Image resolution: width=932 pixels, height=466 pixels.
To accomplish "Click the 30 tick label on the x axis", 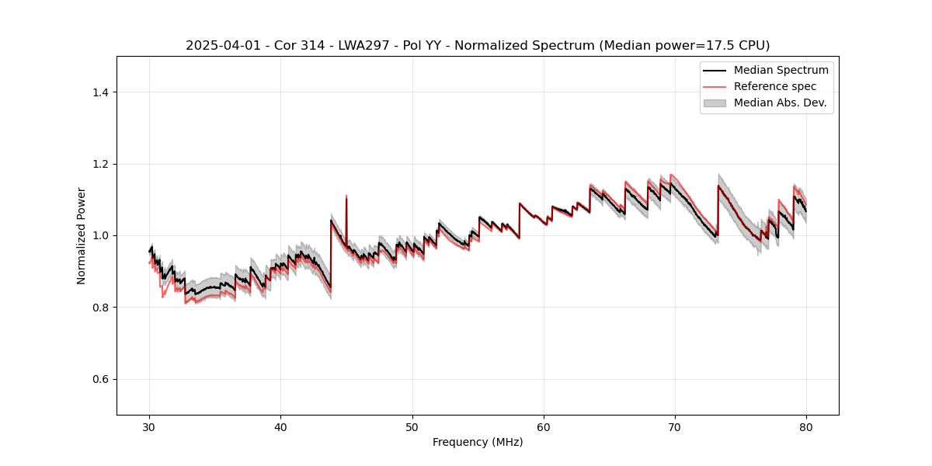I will pyautogui.click(x=150, y=426).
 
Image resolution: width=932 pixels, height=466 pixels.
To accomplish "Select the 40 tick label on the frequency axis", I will pyautogui.click(x=281, y=426).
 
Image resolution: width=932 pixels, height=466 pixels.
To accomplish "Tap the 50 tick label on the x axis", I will pyautogui.click(x=412, y=426).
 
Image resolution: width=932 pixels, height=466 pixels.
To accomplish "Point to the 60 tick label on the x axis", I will pyautogui.click(x=544, y=426).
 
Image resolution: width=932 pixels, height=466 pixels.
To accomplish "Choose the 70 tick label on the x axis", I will pyautogui.click(x=675, y=426).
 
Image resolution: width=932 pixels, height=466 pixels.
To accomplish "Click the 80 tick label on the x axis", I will pyautogui.click(x=806, y=426).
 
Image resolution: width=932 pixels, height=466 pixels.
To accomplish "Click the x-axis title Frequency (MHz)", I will pyautogui.click(x=478, y=442).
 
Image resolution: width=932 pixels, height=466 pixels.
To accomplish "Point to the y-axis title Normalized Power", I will pyautogui.click(x=82, y=235).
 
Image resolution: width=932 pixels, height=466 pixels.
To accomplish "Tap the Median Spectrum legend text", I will pyautogui.click(x=781, y=70).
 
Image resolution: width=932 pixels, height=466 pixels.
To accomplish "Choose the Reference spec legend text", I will pyautogui.click(x=774, y=86).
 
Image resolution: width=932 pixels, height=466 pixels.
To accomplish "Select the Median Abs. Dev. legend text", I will pyautogui.click(x=780, y=103).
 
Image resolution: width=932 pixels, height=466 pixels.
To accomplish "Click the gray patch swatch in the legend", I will pyautogui.click(x=715, y=103).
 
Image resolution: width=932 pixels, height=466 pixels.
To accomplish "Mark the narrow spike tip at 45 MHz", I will pyautogui.click(x=346, y=196).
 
